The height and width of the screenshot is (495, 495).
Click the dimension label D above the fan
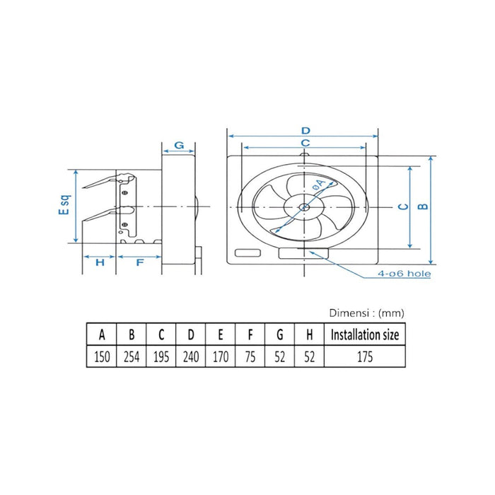[x=305, y=130]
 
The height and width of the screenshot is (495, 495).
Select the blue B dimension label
[x=423, y=206]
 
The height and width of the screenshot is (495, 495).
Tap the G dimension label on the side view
[x=179, y=145]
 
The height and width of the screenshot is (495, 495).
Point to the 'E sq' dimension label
[x=63, y=206]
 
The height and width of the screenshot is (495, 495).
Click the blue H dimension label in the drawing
[x=100, y=262]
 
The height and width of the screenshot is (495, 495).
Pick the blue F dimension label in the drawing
[x=139, y=262]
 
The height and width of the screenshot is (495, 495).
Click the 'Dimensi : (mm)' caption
[x=366, y=313]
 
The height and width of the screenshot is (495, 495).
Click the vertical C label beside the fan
[x=400, y=206]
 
